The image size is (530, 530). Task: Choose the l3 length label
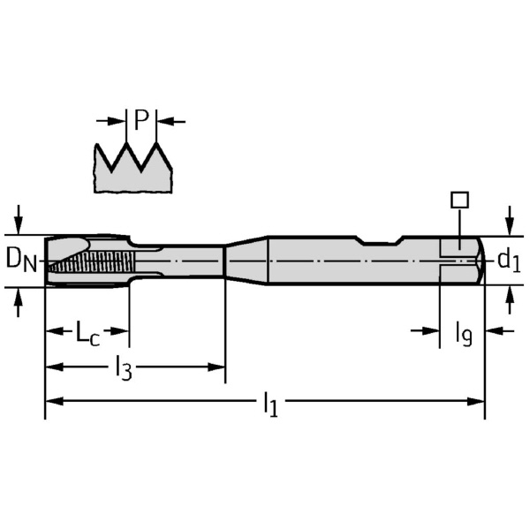point(124,367)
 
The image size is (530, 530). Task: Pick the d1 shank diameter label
point(508,260)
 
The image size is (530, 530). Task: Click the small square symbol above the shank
point(458,200)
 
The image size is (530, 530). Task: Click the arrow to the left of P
point(113,120)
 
